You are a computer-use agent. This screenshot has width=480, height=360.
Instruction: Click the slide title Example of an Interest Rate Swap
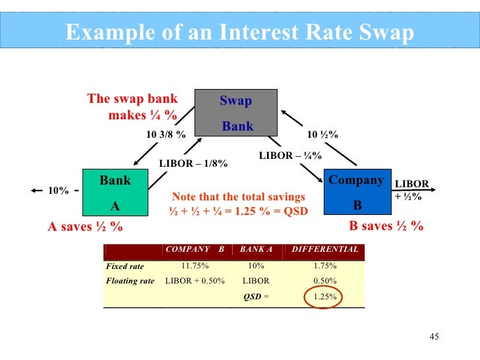coord(239,32)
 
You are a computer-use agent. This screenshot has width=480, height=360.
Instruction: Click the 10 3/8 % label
coord(165,135)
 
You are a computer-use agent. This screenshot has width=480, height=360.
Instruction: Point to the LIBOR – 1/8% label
coord(193,164)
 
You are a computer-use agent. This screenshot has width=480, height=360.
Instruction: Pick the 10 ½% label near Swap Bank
coord(323,135)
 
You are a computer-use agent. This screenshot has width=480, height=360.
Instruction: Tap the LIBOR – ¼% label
coord(290,156)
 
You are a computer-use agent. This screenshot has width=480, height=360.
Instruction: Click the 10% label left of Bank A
coord(58,191)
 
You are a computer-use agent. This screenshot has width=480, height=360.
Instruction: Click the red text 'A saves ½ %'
coord(86,227)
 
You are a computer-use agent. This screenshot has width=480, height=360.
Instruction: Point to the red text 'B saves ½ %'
coord(386,226)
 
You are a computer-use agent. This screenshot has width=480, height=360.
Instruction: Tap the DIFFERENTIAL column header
coord(325,249)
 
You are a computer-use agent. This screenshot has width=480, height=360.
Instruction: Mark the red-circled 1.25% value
coord(324,297)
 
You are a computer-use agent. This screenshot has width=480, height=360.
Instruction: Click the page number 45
coord(433,338)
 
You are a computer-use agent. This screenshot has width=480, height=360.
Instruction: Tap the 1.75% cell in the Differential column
coord(325,266)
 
